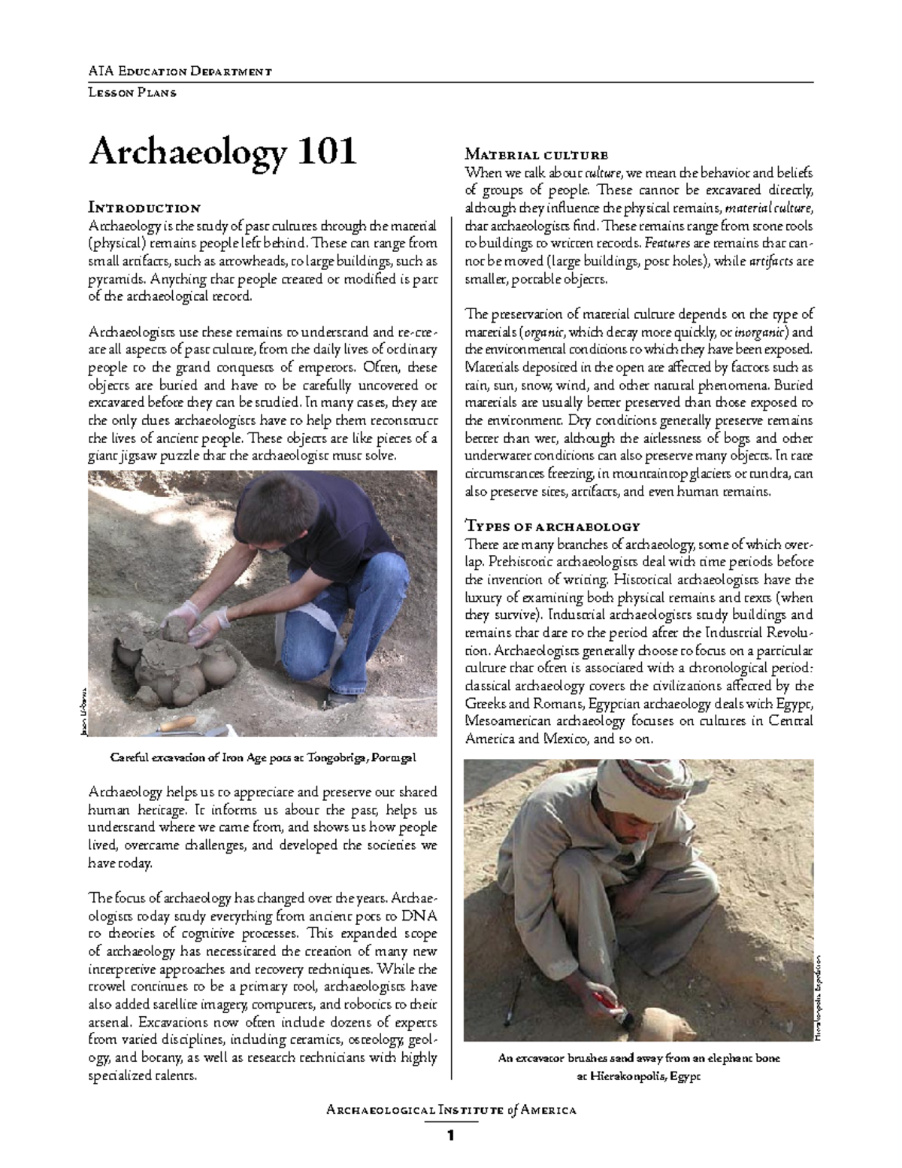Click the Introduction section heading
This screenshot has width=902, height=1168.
pyautogui.click(x=144, y=208)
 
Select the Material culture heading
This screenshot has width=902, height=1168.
pyautogui.click(x=536, y=156)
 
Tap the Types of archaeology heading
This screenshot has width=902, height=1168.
pyautogui.click(x=552, y=526)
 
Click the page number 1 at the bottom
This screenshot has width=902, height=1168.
pyautogui.click(x=451, y=1136)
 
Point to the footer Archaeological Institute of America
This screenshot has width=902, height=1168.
pyautogui.click(x=451, y=1109)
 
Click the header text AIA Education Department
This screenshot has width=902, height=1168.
pyautogui.click(x=180, y=71)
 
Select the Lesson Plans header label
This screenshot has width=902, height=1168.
pyautogui.click(x=132, y=93)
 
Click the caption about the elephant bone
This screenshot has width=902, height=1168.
pyautogui.click(x=639, y=1057)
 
